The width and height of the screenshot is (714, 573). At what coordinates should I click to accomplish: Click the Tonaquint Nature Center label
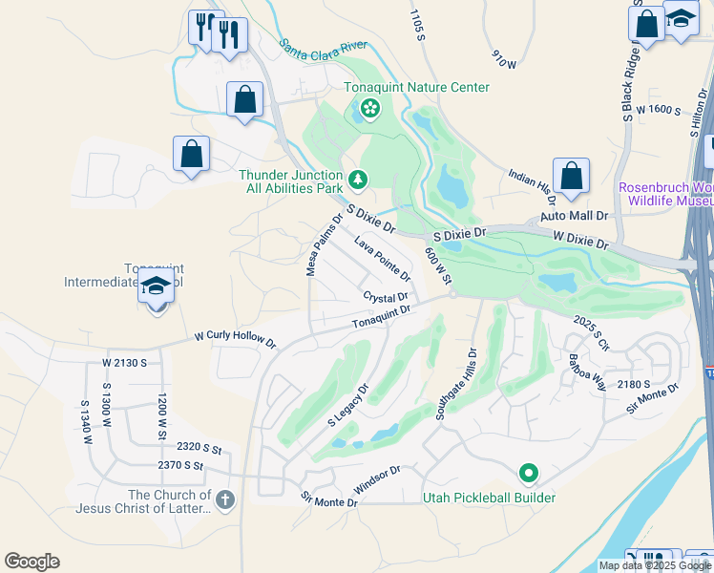[x=417, y=88]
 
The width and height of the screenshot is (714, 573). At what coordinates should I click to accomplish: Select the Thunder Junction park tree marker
[x=358, y=179]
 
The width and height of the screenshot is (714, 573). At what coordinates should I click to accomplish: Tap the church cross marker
[x=224, y=499]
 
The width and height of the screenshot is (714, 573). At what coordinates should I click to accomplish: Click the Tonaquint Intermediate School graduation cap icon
[x=155, y=286]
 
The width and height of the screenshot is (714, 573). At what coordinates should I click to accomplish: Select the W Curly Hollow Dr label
[x=235, y=338]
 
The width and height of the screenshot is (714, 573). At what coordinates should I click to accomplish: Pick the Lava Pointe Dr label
[x=382, y=259]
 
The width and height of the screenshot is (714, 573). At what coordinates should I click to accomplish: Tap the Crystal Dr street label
[x=386, y=297]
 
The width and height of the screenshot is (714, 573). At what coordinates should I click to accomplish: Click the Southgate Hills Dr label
[x=456, y=384]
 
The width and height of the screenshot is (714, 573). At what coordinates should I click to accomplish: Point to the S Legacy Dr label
[x=347, y=405]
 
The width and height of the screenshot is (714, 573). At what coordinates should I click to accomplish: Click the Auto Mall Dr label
[x=567, y=217]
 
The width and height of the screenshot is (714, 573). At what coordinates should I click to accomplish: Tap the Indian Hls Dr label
[x=533, y=186]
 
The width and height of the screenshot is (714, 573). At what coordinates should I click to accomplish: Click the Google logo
[x=31, y=562]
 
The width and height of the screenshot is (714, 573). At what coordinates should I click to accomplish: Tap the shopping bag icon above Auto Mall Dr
[x=571, y=176]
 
